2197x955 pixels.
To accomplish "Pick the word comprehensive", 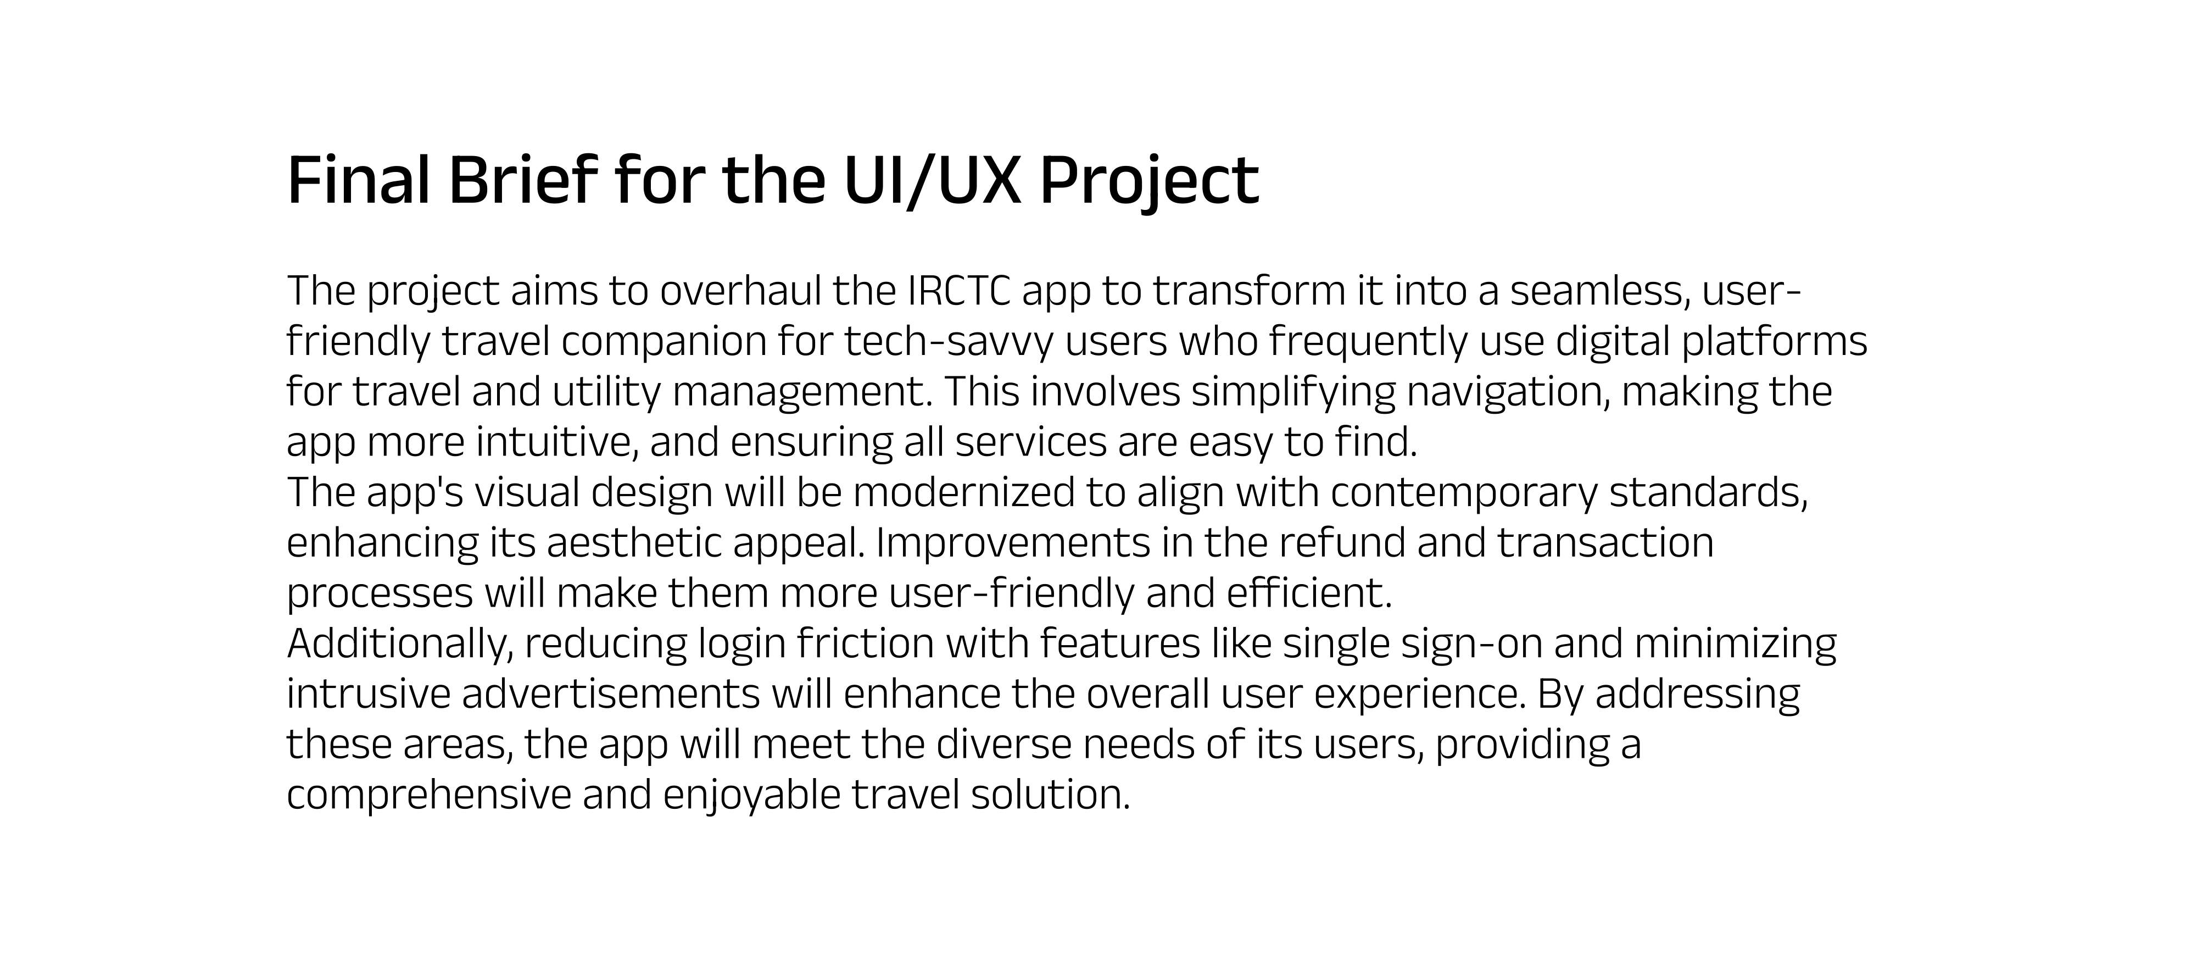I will (429, 795).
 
